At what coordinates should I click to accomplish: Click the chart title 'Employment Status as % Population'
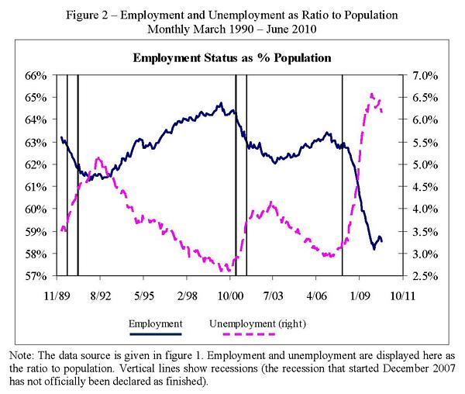click(x=232, y=58)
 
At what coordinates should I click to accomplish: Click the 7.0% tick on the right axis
click(x=424, y=75)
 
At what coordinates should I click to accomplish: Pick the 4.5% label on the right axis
click(x=424, y=187)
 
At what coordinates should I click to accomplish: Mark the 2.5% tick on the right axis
click(x=424, y=276)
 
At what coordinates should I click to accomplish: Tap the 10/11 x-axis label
click(x=404, y=295)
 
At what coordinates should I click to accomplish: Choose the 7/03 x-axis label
click(x=274, y=295)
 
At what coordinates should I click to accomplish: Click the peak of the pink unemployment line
click(x=372, y=94)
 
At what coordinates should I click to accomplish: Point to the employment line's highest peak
click(x=221, y=102)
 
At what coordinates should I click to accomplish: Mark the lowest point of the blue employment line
click(x=374, y=249)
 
